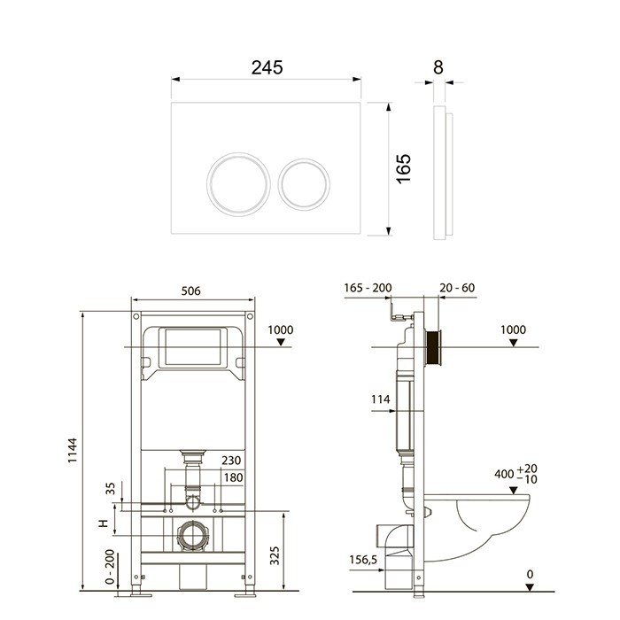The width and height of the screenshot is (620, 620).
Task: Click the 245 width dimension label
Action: click(x=267, y=67)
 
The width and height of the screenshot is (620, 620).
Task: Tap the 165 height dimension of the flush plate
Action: click(x=404, y=169)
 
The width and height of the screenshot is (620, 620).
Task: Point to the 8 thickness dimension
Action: click(x=438, y=67)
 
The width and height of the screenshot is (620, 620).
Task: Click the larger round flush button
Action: click(x=238, y=184)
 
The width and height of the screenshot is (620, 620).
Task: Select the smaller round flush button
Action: click(x=304, y=184)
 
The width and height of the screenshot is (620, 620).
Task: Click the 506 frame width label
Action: click(x=191, y=291)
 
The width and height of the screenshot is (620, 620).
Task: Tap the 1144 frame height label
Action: click(x=73, y=450)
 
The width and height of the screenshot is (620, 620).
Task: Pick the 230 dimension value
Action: click(x=231, y=461)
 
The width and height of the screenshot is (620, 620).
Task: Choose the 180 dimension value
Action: click(x=233, y=477)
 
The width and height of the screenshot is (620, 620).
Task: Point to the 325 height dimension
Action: click(x=275, y=555)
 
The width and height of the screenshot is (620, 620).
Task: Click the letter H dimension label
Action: click(x=104, y=523)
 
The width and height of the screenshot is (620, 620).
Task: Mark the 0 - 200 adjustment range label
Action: click(x=110, y=567)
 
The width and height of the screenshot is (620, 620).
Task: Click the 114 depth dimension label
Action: click(x=380, y=399)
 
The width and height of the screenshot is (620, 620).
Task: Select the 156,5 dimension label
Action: click(x=363, y=560)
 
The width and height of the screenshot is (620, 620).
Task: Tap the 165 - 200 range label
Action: click(x=368, y=288)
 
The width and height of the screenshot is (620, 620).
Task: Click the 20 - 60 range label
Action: click(x=457, y=288)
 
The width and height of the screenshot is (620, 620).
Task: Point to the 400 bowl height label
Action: click(x=516, y=474)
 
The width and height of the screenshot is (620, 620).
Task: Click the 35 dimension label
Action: click(x=111, y=488)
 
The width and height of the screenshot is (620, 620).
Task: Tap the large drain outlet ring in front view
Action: click(x=192, y=536)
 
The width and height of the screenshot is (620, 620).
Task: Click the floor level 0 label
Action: click(x=531, y=574)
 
